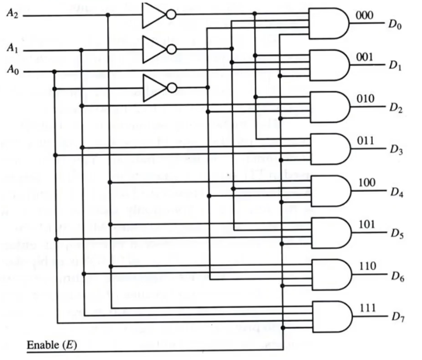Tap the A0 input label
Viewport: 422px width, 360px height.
[12, 69]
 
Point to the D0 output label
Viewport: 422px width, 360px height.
[395, 25]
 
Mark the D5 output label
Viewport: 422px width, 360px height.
[395, 235]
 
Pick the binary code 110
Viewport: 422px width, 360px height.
[368, 266]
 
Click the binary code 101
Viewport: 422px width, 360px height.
[368, 224]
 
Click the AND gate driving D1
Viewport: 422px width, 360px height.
[328, 65]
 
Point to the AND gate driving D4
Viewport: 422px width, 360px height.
[328, 191]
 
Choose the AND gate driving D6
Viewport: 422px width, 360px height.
[328, 274]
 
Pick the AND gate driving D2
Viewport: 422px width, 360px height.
[328, 107]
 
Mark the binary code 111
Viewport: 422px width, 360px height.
[368, 308]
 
